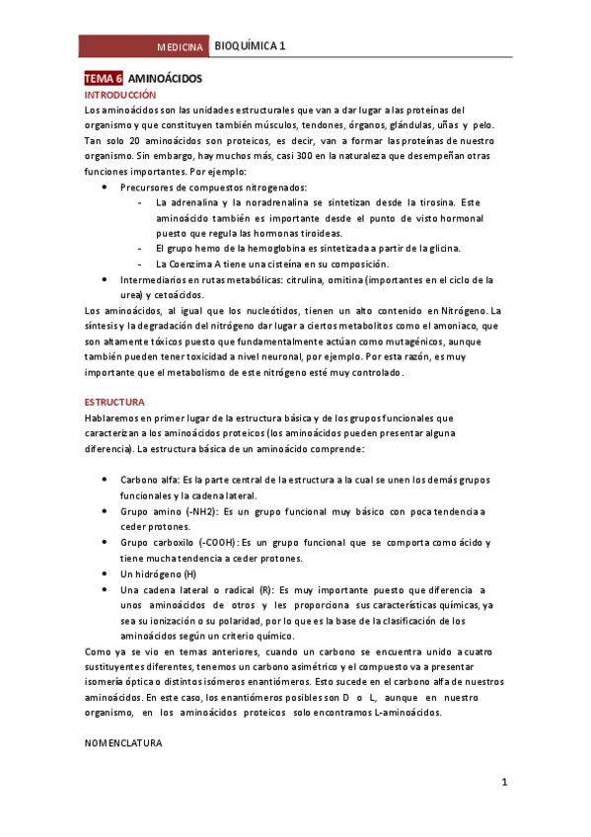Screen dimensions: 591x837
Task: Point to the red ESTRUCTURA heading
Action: (x=114, y=403)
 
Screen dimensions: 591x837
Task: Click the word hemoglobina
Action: (x=257, y=248)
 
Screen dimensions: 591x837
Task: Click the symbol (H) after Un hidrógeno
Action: (x=188, y=573)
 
